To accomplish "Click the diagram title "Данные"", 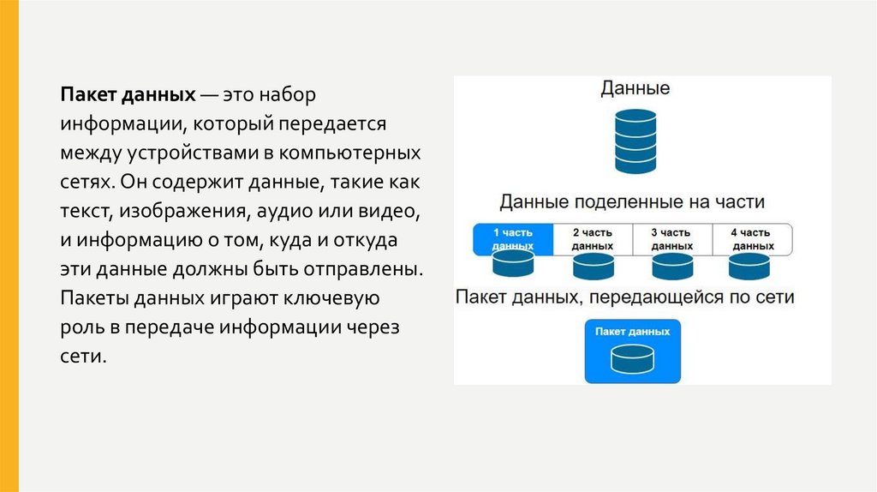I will pyautogui.click(x=635, y=88).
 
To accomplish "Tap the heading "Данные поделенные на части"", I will pyautogui.click(x=632, y=202).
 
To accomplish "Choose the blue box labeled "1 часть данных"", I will pyautogui.click(x=513, y=239).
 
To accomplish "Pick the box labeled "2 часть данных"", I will pyautogui.click(x=592, y=239).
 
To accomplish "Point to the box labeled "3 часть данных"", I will pyautogui.click(x=671, y=239).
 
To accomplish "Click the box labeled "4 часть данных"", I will pyautogui.click(x=751, y=239).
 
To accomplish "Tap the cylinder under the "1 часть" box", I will pyautogui.click(x=513, y=267).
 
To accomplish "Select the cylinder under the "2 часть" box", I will pyautogui.click(x=593, y=267).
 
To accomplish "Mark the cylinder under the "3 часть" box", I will pyautogui.click(x=671, y=267).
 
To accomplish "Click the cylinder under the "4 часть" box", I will pyautogui.click(x=751, y=267).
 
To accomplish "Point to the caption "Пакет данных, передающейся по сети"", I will pyautogui.click(x=625, y=297).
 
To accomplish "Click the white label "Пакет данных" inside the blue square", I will pyautogui.click(x=632, y=331).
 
